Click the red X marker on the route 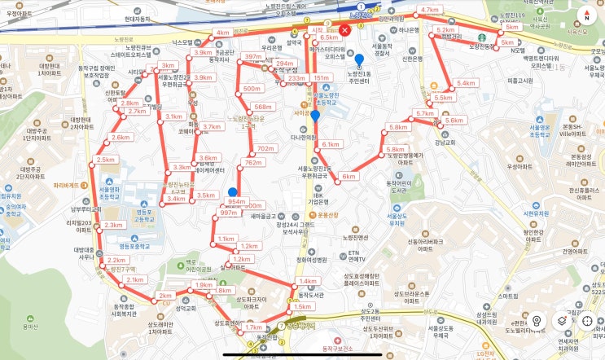point(344,30)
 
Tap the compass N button point(585,15)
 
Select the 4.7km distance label point(430,11)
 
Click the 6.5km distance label point(329,37)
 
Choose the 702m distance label point(265,149)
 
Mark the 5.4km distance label point(466,84)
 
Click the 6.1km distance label point(331,144)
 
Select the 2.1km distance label point(134,279)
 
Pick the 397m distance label point(253,57)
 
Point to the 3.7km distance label point(212,127)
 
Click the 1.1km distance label point(226,239)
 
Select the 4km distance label point(221,33)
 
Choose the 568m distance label point(262,107)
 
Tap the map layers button point(561,321)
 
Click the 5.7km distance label point(425,113)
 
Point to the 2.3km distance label point(114,226)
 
